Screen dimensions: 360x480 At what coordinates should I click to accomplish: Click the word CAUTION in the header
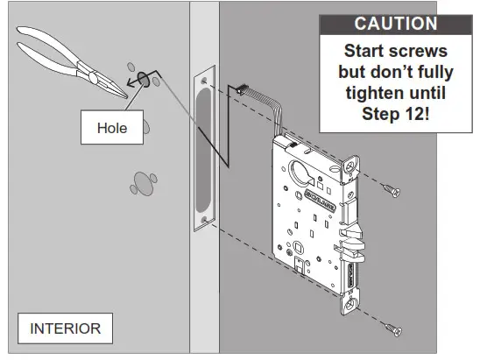(x=394, y=25)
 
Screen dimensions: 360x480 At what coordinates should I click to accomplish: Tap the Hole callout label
(x=112, y=128)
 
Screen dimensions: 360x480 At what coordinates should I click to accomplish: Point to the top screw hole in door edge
(x=204, y=81)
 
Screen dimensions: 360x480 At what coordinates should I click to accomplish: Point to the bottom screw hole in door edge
(x=204, y=220)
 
